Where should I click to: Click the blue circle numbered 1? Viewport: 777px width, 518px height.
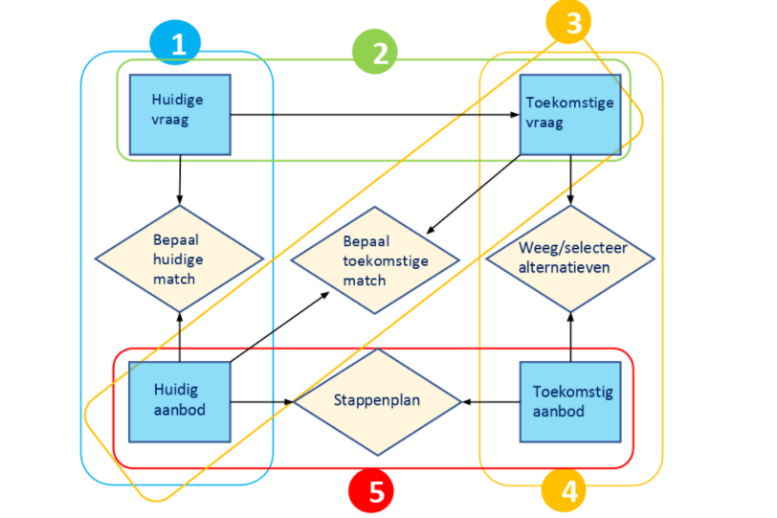[x=176, y=43]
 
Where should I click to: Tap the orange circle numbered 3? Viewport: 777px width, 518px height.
[x=572, y=23]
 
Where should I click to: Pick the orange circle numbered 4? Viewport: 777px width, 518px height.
[x=568, y=491]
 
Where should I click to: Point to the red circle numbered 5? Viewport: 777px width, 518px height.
[x=375, y=491]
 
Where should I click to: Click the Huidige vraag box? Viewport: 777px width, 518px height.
[x=180, y=114]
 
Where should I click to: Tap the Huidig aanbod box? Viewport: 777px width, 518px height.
[x=180, y=402]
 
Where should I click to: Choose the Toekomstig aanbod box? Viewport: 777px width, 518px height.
[x=571, y=402]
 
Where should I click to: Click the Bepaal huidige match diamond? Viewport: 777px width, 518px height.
[x=179, y=259]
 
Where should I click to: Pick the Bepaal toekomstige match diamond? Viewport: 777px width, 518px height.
[x=375, y=259]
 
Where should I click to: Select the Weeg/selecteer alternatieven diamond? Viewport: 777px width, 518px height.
[x=570, y=259]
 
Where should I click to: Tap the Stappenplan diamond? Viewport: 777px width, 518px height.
[x=377, y=401]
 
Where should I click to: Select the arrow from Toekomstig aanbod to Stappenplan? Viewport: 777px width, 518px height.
[x=492, y=402]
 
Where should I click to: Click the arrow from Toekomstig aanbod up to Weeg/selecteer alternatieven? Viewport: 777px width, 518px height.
[x=571, y=337]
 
